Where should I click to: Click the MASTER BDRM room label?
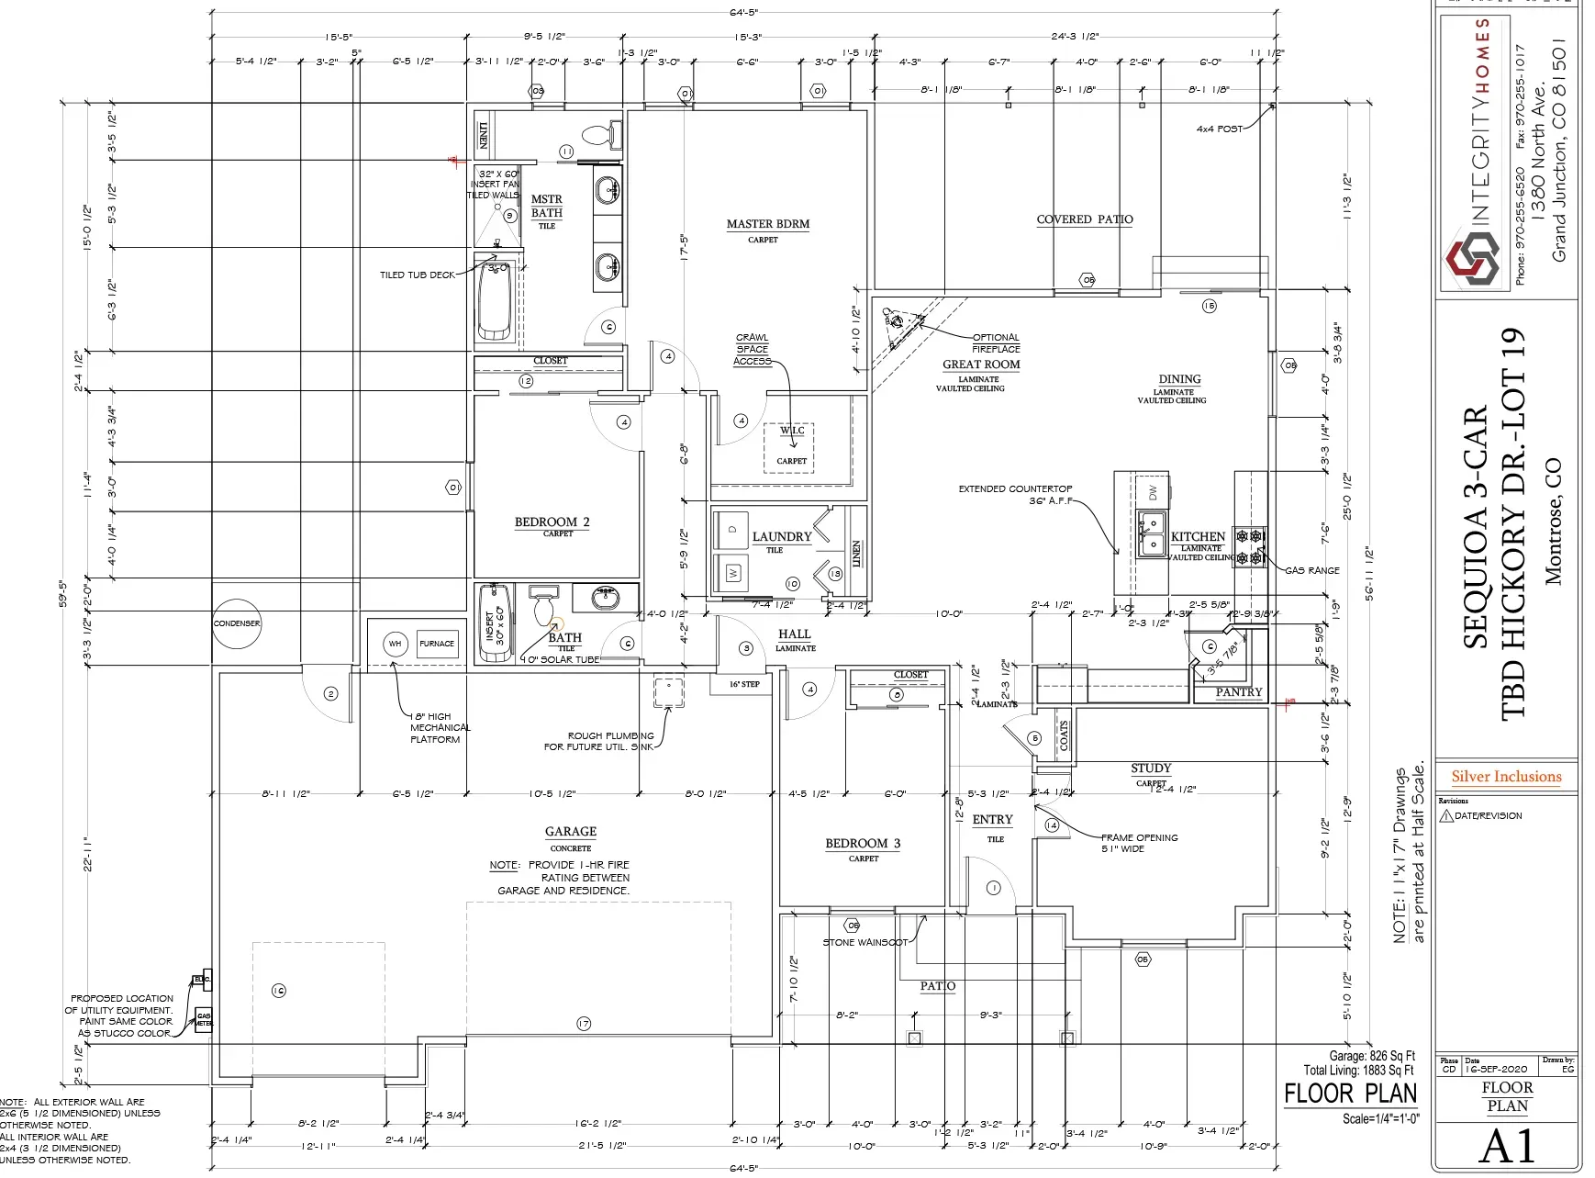click(x=768, y=224)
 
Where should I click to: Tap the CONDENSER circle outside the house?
click(x=237, y=623)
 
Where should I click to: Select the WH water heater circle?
click(x=395, y=644)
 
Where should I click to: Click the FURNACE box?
click(x=437, y=644)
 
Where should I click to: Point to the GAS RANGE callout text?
click(x=1311, y=570)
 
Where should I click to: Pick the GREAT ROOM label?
click(x=981, y=365)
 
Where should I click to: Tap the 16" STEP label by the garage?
click(x=744, y=684)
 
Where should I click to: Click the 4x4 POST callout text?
click(x=1219, y=129)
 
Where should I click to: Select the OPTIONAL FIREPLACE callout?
click(x=996, y=342)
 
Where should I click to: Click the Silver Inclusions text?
click(x=1506, y=777)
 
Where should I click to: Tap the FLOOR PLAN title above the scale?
click(x=1350, y=1094)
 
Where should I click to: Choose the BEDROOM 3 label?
click(x=863, y=844)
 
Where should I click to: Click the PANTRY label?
click(x=1239, y=692)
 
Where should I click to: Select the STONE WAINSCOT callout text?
click(x=864, y=942)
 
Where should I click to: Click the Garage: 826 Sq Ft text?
click(x=1372, y=1056)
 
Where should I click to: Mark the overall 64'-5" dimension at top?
click(x=743, y=13)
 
